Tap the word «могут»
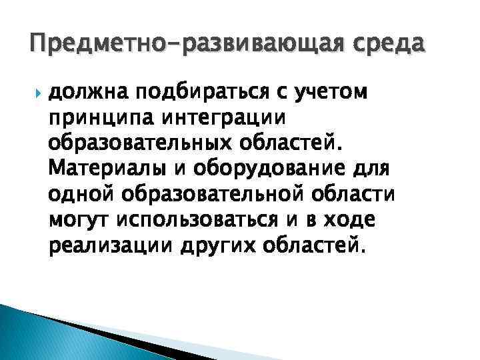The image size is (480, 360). [81, 220]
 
